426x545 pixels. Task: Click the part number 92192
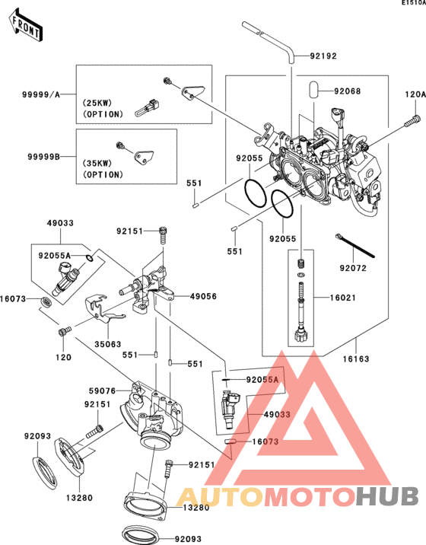(323, 56)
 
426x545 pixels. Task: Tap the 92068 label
(347, 91)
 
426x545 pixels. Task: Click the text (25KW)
(97, 103)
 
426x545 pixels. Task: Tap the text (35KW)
(97, 163)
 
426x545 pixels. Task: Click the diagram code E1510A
(412, 4)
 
